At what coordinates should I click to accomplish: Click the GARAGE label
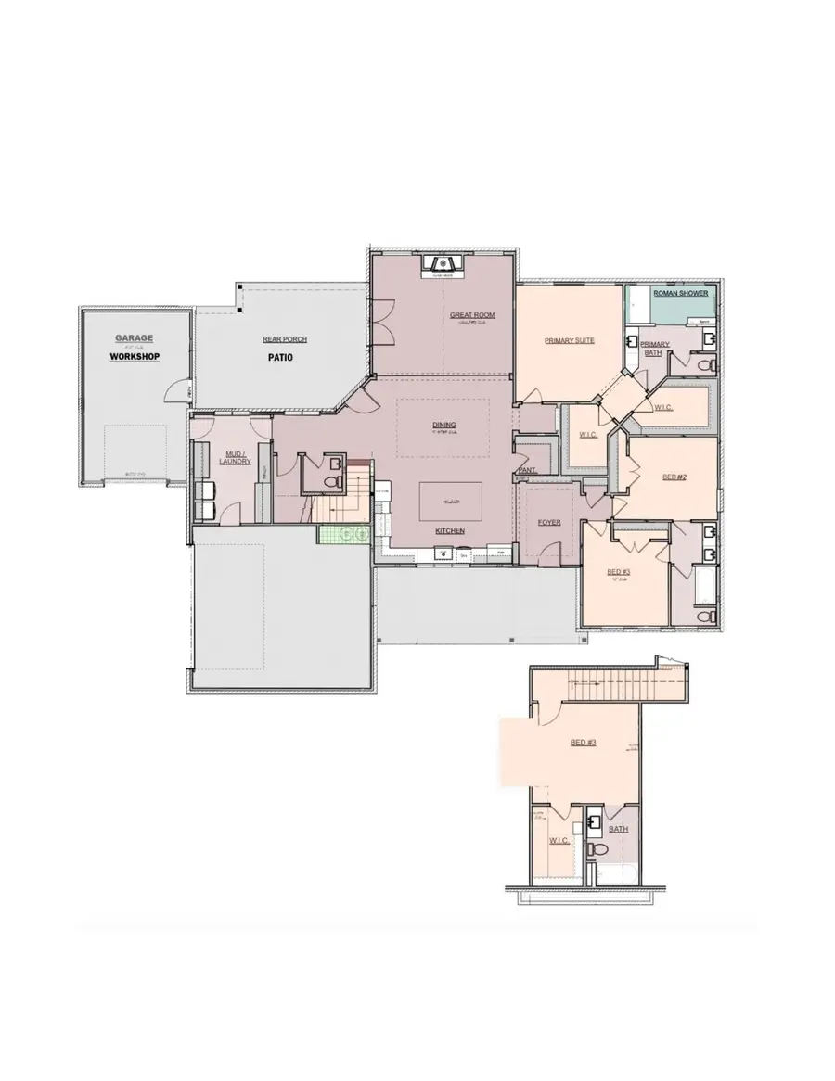point(135,338)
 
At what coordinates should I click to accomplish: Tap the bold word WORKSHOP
point(135,357)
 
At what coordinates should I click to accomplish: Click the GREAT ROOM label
point(472,315)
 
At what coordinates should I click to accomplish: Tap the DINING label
point(443,426)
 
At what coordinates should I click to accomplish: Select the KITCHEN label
point(450,531)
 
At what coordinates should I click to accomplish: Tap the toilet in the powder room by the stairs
point(331,479)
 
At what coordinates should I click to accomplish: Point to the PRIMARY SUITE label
point(569,340)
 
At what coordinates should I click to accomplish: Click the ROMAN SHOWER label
point(681,293)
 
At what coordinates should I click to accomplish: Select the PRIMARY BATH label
point(655,348)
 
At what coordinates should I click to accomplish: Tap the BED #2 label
point(674,477)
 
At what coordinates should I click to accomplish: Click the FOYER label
point(549,523)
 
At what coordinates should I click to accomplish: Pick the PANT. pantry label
point(527,470)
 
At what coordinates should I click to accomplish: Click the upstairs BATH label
point(619,829)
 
